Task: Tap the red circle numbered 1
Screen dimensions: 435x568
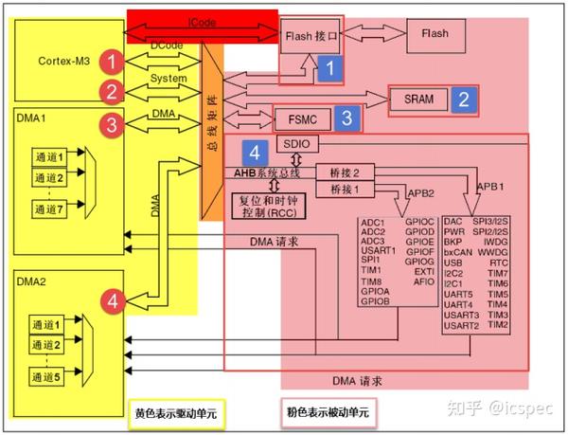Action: coord(113,63)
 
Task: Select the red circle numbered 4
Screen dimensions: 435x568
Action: coord(113,301)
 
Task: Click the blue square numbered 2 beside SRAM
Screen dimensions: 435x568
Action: coord(463,98)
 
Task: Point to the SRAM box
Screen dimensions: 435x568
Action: coord(419,99)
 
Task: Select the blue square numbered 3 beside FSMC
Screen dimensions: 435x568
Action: coord(347,118)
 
